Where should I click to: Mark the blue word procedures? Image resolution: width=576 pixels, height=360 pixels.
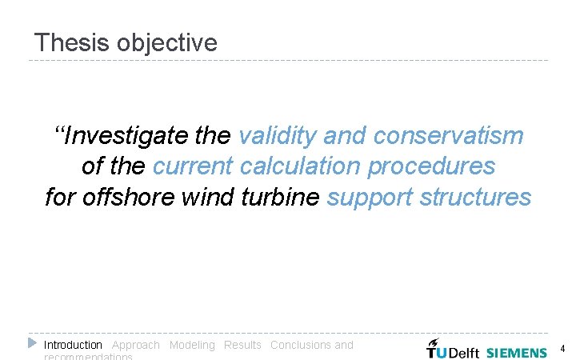(431, 166)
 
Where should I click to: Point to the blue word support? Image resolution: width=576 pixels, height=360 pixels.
(371, 197)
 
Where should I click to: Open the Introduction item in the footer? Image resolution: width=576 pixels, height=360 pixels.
(73, 345)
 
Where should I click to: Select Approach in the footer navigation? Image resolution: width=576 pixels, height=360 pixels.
(135, 345)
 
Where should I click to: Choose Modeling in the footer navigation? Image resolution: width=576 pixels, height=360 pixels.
(192, 345)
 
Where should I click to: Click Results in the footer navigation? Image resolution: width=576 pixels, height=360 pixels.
(242, 345)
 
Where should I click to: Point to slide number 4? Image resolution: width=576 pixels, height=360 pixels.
(562, 350)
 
